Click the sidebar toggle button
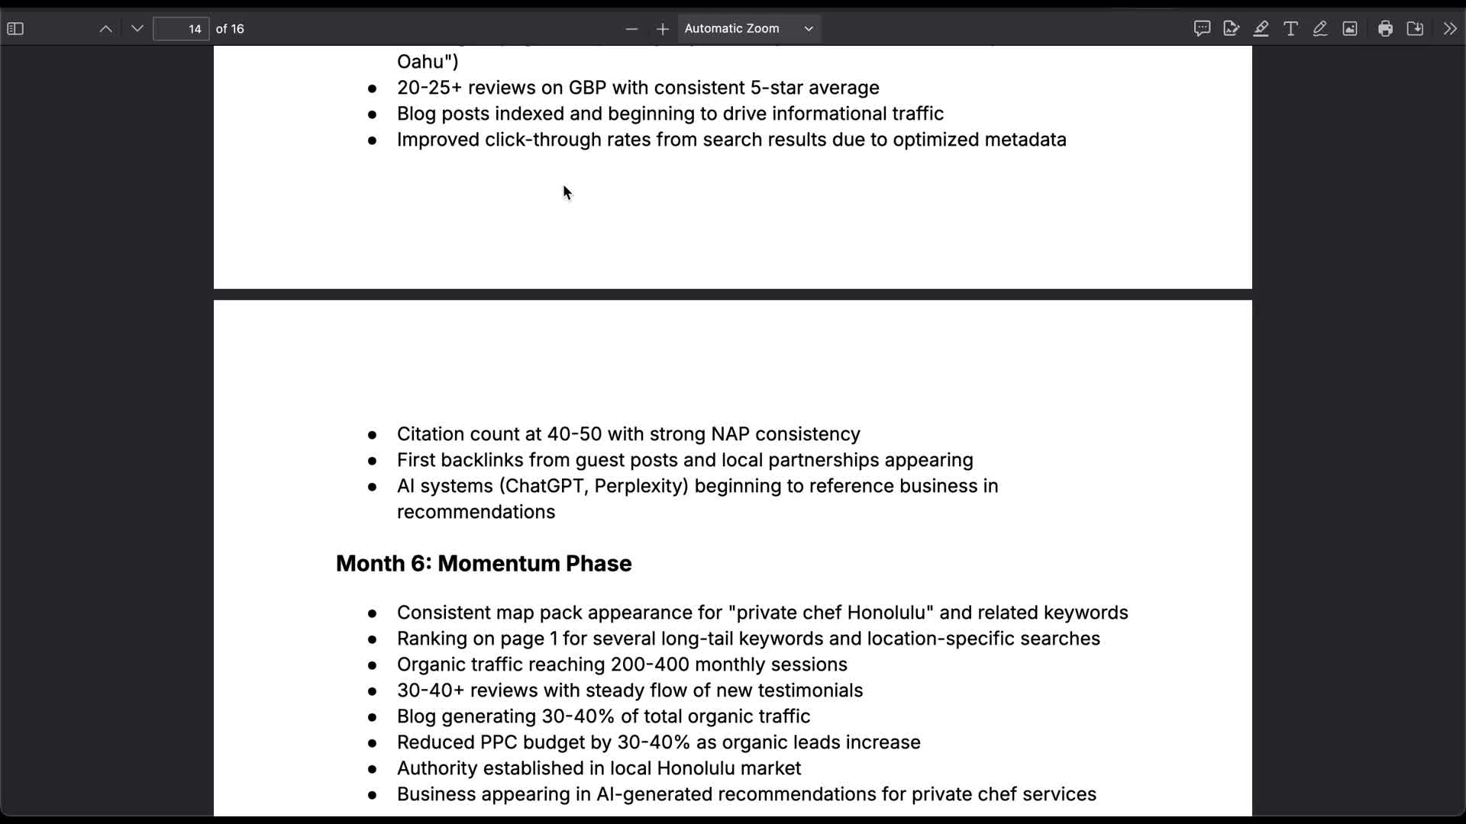click(x=15, y=29)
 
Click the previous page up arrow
click(x=106, y=29)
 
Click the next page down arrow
click(x=137, y=29)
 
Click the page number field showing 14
click(x=181, y=29)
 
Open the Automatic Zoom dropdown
click(x=748, y=29)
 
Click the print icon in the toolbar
click(x=1385, y=29)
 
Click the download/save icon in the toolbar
click(x=1415, y=29)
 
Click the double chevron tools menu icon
click(x=1450, y=29)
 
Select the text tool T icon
click(x=1290, y=29)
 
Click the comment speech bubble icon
click(x=1202, y=29)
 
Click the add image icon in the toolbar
click(x=1350, y=29)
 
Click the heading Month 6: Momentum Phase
click(x=483, y=564)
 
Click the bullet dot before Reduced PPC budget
click(x=373, y=743)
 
